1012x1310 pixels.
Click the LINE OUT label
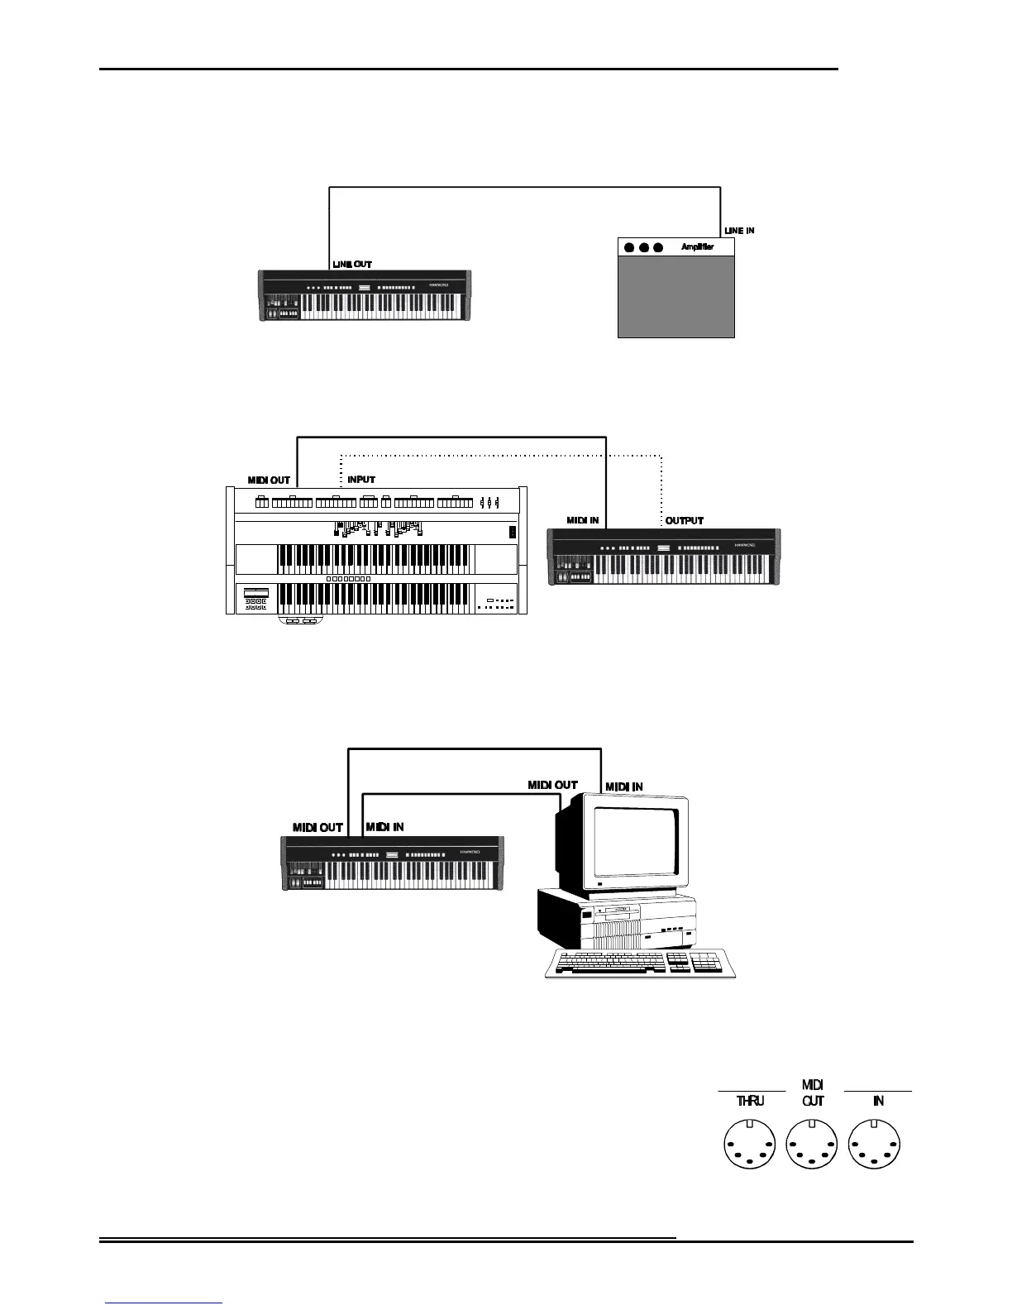click(x=352, y=265)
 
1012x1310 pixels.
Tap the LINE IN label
click(x=739, y=231)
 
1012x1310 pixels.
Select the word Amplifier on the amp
click(x=697, y=246)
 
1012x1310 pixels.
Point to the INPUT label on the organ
click(x=361, y=480)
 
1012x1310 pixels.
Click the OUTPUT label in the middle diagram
click(x=685, y=521)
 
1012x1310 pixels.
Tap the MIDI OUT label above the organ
click(x=270, y=480)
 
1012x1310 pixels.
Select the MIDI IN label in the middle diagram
click(x=583, y=521)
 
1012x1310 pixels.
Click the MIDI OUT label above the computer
click(x=553, y=785)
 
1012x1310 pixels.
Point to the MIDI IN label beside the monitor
click(x=624, y=786)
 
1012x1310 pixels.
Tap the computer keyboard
click(x=640, y=963)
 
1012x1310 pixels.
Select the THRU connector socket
click(x=750, y=1145)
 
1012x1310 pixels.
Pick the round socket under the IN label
click(x=876, y=1145)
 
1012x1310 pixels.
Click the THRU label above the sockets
click(x=750, y=1102)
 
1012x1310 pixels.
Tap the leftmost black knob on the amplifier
click(x=629, y=247)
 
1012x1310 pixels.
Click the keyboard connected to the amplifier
click(x=365, y=295)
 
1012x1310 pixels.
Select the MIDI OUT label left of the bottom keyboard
click(x=317, y=827)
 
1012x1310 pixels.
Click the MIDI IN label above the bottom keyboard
click(x=384, y=827)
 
